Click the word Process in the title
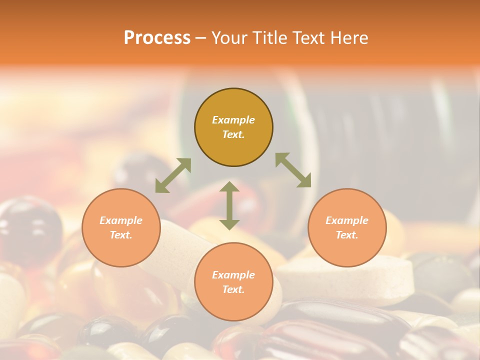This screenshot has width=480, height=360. pyautogui.click(x=157, y=38)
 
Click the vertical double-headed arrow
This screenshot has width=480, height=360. pyautogui.click(x=229, y=205)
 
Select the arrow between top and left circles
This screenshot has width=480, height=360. pyautogui.click(x=173, y=175)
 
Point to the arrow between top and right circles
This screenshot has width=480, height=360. pyautogui.click(x=293, y=170)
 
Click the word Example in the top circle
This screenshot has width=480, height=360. pyautogui.click(x=233, y=120)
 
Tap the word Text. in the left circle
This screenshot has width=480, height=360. pyautogui.click(x=121, y=235)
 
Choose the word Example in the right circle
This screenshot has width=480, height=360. pyautogui.click(x=347, y=220)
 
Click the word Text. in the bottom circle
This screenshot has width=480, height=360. pyautogui.click(x=233, y=290)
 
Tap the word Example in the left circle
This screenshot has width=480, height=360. pyautogui.click(x=121, y=220)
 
